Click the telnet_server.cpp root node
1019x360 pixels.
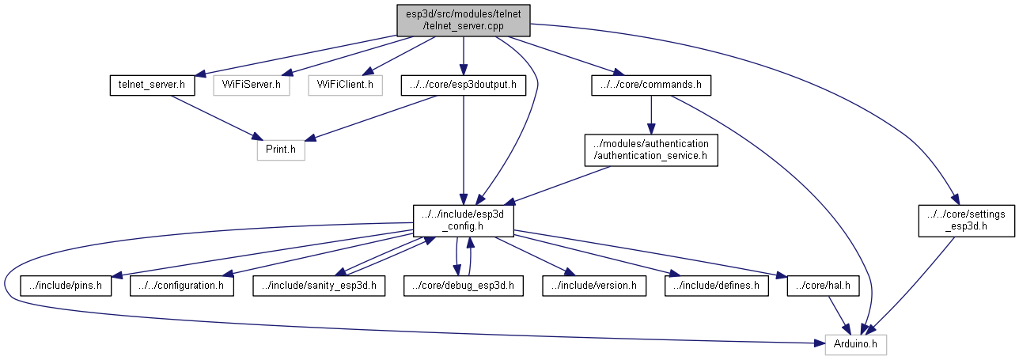464,19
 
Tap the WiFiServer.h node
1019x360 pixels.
251,84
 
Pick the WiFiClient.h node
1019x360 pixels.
345,84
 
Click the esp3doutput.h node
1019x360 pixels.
464,84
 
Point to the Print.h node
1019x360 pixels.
281,149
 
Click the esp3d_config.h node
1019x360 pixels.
464,219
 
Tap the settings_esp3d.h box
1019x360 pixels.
955,219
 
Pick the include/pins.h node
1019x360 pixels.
66,285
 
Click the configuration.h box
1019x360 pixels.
182,285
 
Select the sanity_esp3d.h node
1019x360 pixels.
320,285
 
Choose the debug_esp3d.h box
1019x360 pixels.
463,285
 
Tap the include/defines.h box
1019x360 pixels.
717,285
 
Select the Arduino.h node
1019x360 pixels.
856,344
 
